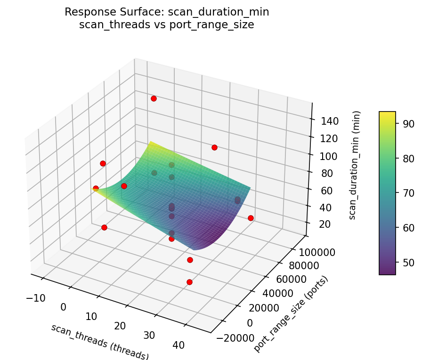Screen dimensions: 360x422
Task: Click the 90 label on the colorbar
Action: (x=408, y=124)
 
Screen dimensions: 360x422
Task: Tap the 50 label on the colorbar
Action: (x=408, y=262)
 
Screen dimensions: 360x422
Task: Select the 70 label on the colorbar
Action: (x=408, y=193)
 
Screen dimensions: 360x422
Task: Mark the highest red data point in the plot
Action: (x=154, y=98)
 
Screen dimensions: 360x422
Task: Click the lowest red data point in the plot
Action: (x=189, y=282)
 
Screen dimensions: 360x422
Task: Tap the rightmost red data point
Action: (x=251, y=218)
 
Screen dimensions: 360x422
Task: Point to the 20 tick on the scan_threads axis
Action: (x=120, y=326)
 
